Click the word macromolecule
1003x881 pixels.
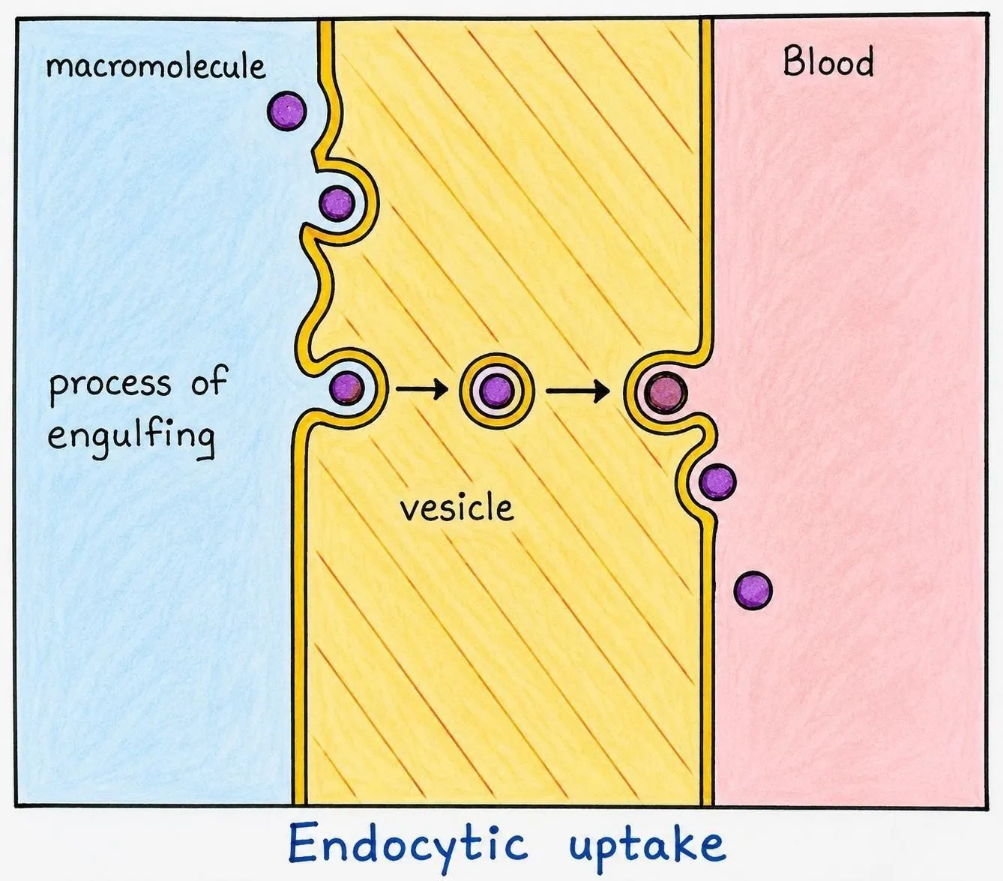coord(156,67)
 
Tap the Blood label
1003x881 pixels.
coord(828,62)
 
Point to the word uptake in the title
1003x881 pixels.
coord(648,844)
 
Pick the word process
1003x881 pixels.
coord(110,385)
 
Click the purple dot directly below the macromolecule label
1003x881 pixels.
coord(286,111)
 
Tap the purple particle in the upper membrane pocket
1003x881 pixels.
coord(337,203)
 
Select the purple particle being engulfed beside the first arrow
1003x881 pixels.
coord(346,388)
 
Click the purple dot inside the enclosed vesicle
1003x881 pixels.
coord(496,391)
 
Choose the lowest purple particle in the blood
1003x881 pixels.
coord(753,590)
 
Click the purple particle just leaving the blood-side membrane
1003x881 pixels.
coord(717,482)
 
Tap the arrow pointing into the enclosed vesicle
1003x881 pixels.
coord(422,389)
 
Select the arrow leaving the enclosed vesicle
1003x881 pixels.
coord(578,391)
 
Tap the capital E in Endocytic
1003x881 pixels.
coord(303,842)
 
